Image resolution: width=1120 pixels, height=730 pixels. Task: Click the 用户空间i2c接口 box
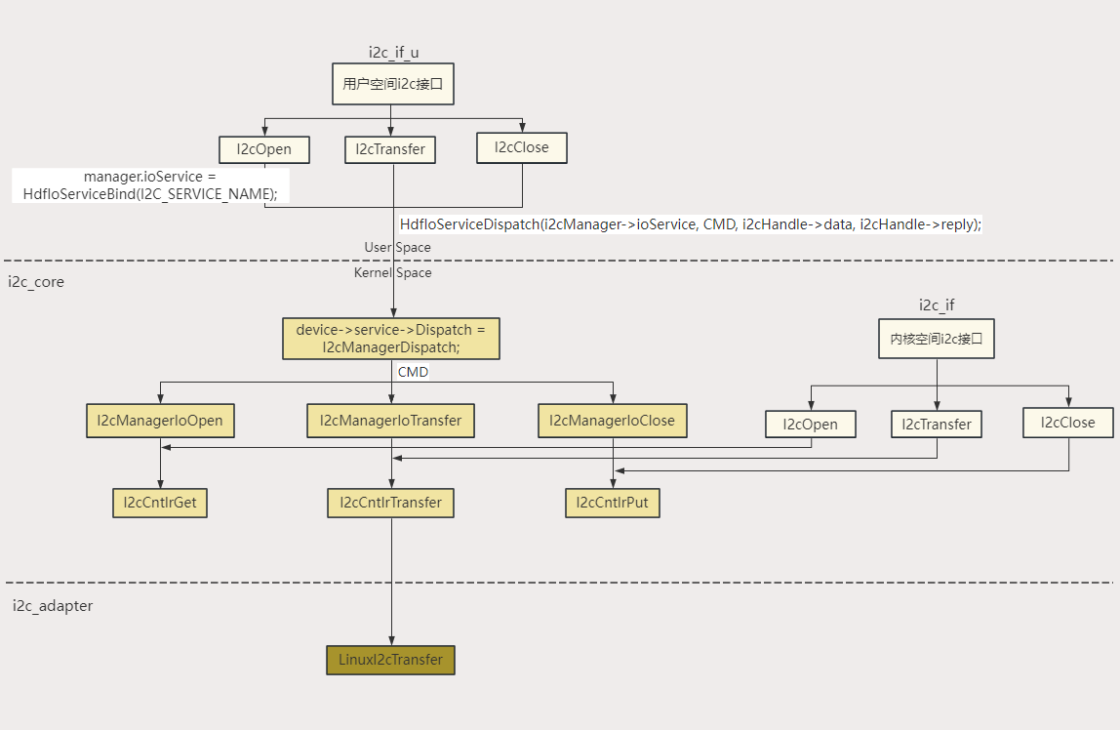click(392, 85)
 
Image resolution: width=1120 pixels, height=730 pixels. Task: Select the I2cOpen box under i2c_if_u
click(263, 149)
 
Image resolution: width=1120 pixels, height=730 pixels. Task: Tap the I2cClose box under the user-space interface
click(521, 147)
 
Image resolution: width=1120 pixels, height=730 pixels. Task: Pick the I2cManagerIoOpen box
click(160, 421)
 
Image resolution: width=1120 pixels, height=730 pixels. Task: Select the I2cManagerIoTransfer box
click(390, 421)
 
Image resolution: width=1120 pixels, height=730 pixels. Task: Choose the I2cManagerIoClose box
click(612, 421)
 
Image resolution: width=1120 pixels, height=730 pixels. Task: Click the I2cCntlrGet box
click(160, 503)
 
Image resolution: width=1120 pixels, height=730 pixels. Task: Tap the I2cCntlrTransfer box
click(390, 503)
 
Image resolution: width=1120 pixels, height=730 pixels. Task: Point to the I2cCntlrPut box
click(612, 503)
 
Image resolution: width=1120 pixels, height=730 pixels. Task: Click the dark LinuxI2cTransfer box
click(390, 660)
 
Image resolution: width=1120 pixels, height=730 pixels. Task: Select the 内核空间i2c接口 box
click(937, 341)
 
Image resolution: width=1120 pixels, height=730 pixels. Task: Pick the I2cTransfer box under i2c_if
click(937, 425)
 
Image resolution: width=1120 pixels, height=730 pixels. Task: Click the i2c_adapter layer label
click(53, 606)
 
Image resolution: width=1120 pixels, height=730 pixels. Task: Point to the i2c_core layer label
click(36, 282)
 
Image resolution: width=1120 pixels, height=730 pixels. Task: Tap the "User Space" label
click(397, 248)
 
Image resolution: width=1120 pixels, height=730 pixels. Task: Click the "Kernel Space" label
click(392, 273)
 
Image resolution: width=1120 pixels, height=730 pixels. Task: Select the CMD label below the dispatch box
click(413, 372)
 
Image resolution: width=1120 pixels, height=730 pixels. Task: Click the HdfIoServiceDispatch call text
click(690, 224)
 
